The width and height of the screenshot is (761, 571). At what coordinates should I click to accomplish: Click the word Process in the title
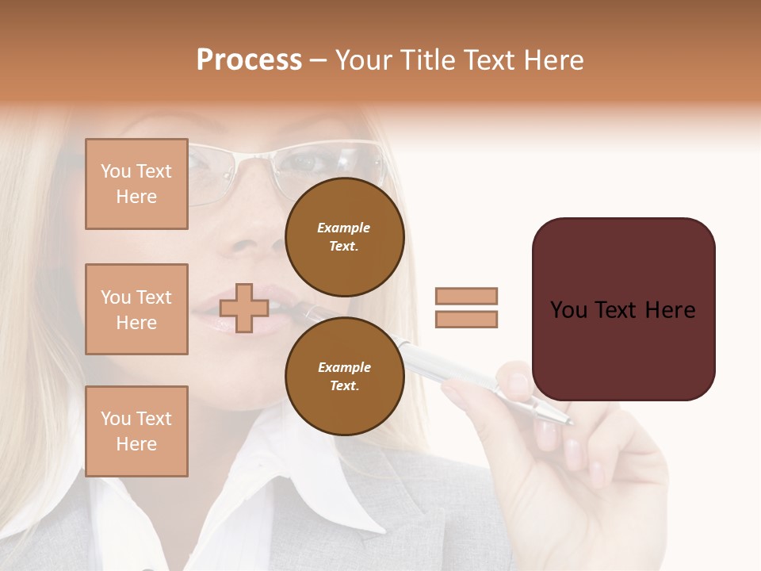(x=249, y=60)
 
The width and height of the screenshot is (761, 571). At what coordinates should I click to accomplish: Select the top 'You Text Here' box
(x=136, y=184)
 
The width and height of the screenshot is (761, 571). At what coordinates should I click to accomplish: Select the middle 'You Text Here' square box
(x=136, y=309)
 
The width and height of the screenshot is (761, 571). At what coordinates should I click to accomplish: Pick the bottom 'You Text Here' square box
(x=136, y=431)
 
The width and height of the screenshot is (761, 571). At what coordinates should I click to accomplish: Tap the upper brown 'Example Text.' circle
(x=344, y=236)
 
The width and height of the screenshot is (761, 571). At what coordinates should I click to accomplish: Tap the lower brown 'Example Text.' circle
(x=344, y=376)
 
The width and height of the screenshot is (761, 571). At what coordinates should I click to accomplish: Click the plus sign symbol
(x=244, y=308)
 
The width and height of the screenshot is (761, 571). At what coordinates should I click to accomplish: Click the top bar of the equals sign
(x=466, y=296)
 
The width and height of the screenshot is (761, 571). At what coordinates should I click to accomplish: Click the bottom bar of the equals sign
(x=466, y=319)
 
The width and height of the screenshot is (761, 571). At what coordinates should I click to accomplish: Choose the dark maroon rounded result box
(x=623, y=309)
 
